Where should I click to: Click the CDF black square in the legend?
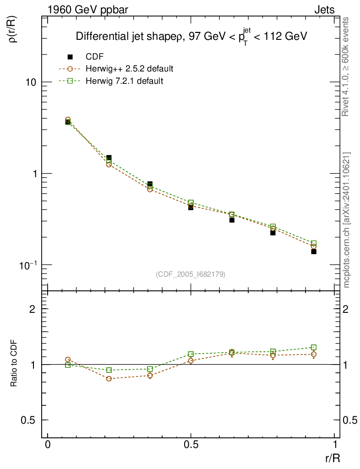click(70, 57)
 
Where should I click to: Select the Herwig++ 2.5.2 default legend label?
click(129, 69)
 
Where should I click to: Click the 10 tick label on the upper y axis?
click(31, 82)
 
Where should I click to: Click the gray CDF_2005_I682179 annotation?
click(191, 274)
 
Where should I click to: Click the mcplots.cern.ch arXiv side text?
click(347, 220)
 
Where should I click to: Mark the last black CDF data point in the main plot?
click(314, 251)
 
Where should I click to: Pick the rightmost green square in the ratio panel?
click(314, 348)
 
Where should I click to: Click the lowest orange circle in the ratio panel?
click(109, 379)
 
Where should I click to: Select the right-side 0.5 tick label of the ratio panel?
click(349, 420)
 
